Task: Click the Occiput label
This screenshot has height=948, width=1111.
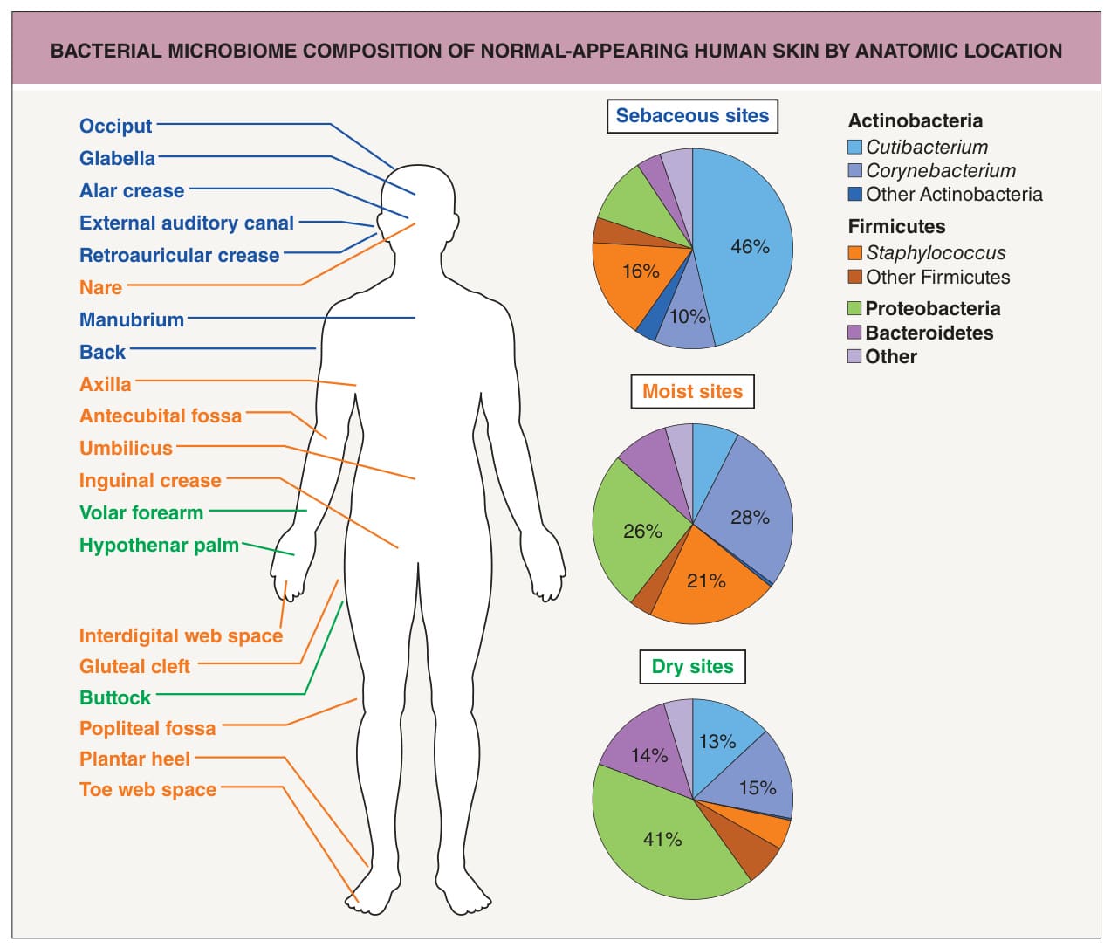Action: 115,126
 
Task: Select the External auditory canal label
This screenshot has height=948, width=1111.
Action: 187,223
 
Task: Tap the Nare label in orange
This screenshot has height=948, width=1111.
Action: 100,287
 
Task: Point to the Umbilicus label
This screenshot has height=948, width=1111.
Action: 126,448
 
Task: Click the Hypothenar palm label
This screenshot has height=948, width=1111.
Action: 159,545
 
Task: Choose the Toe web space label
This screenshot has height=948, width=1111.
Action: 147,789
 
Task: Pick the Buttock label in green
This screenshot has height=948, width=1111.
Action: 115,697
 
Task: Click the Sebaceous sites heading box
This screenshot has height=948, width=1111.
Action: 692,115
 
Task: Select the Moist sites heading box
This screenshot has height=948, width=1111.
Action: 692,391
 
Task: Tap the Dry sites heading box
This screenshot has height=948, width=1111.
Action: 692,666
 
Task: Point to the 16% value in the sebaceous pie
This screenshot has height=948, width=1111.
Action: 641,271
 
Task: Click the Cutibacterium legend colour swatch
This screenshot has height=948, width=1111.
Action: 854,147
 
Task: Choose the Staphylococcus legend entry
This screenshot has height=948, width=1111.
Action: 927,253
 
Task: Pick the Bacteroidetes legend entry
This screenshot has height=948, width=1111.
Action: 920,333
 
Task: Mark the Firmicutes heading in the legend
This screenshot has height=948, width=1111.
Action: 896,226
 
